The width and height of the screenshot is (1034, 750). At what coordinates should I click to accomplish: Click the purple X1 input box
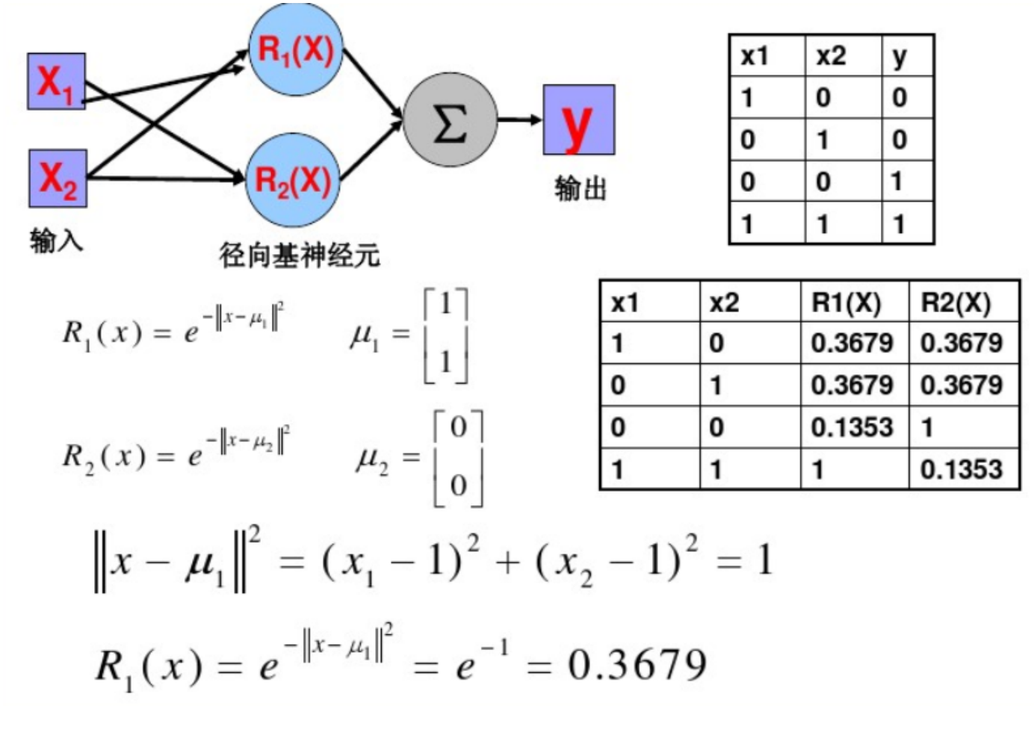tap(56, 81)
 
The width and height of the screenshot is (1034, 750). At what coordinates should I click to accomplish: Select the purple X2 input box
tap(58, 179)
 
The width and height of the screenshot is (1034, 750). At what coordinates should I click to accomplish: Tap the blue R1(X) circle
tap(295, 49)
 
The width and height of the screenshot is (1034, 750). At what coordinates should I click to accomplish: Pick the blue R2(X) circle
tap(293, 180)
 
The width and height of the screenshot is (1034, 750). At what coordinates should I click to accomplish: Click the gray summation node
tap(450, 120)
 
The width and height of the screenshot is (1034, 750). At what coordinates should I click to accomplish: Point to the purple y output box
tap(578, 120)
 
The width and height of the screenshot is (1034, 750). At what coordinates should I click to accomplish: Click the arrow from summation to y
tap(519, 120)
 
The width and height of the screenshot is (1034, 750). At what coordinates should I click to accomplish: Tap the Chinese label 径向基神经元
tap(299, 255)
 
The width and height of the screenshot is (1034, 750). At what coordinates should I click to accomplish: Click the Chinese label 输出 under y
tap(580, 188)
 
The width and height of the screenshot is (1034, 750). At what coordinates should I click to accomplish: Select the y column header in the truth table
tap(900, 56)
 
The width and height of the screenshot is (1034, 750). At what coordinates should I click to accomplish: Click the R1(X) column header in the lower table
tap(846, 303)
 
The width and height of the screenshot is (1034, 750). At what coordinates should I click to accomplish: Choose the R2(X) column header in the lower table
tap(956, 303)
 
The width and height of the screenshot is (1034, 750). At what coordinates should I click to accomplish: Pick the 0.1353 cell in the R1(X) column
tap(852, 427)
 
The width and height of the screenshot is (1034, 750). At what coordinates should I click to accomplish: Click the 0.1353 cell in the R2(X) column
tap(961, 469)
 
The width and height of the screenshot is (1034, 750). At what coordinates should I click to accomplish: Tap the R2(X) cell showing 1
tap(927, 427)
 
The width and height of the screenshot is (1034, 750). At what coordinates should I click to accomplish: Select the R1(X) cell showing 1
tap(818, 469)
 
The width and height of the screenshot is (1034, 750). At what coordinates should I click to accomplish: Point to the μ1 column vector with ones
tap(445, 334)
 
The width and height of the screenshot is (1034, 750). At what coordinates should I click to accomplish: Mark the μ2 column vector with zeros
tap(458, 457)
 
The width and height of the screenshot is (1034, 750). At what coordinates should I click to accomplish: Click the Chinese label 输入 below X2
tap(56, 241)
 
